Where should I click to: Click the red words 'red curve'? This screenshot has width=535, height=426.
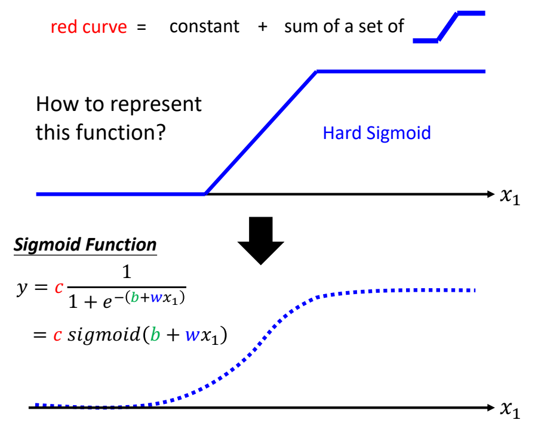pyautogui.click(x=88, y=27)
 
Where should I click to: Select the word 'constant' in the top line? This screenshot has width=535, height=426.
pyautogui.click(x=204, y=27)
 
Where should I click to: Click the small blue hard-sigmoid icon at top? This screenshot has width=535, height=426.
pyautogui.click(x=448, y=27)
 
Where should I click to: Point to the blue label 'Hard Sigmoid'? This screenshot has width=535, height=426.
pyautogui.click(x=376, y=132)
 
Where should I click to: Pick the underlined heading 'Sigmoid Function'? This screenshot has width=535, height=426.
pyautogui.click(x=85, y=245)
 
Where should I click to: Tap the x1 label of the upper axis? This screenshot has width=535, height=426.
pyautogui.click(x=509, y=196)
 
